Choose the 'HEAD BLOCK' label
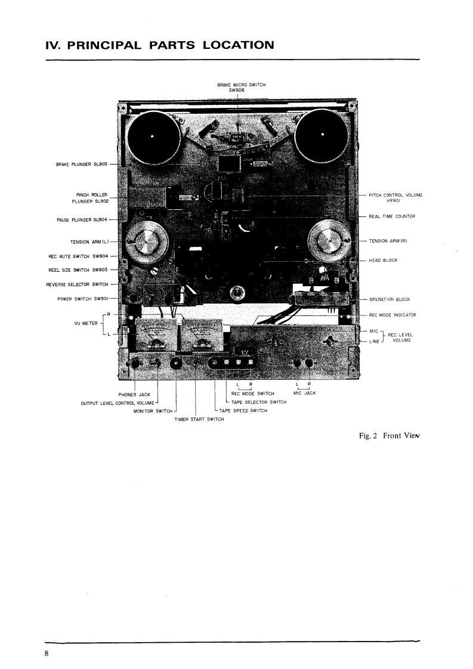(x=383, y=260)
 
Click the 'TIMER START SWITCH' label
(x=199, y=419)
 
